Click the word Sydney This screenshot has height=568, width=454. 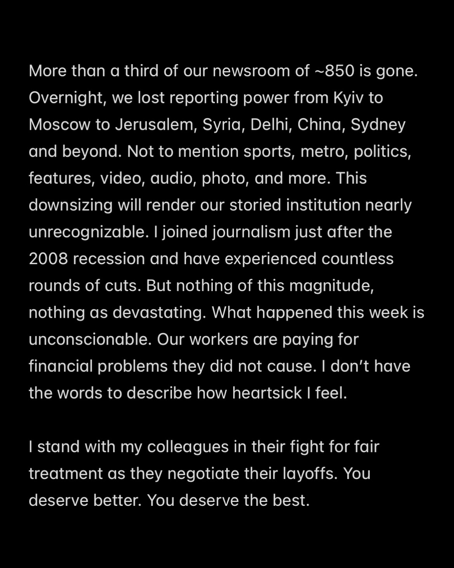tap(378, 125)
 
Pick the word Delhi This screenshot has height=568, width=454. tap(267, 125)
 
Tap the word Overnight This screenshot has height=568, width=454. tap(67, 98)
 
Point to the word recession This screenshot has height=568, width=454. tap(109, 259)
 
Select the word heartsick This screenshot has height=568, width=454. tap(267, 393)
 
